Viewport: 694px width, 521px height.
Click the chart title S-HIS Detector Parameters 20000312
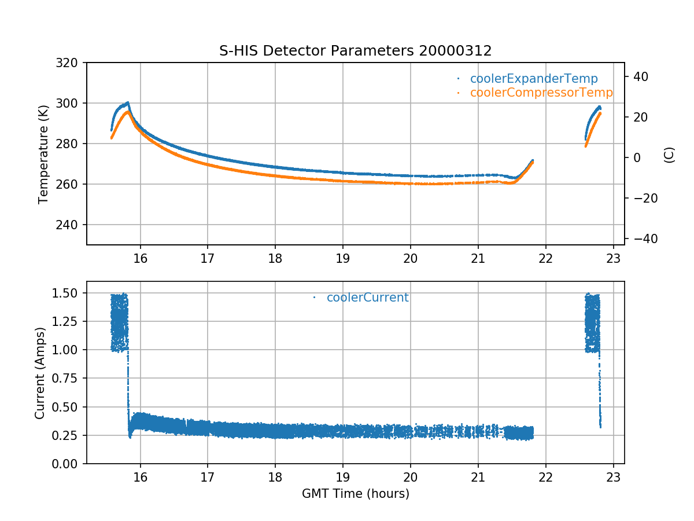(355, 51)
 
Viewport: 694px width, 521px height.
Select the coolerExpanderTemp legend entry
(533, 79)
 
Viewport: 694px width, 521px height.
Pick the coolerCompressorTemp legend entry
(541, 93)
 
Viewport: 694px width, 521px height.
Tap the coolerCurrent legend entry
(367, 298)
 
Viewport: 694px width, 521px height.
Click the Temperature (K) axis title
(43, 153)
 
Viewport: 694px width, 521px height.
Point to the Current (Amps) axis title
(39, 373)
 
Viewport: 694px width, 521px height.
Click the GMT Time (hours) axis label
(355, 494)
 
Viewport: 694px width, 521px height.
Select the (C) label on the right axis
(669, 155)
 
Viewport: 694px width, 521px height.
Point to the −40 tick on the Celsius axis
(642, 239)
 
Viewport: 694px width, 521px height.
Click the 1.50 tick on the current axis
(67, 293)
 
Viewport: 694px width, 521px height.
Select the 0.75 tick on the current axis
(67, 379)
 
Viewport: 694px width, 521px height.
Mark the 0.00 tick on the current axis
(67, 464)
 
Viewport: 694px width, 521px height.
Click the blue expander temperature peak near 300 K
(127, 103)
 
